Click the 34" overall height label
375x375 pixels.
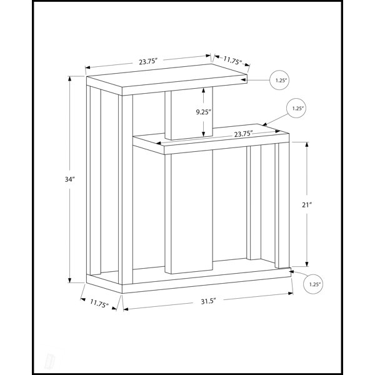click(x=70, y=179)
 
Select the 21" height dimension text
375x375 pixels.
click(x=307, y=205)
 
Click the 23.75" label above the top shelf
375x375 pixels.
click(x=148, y=62)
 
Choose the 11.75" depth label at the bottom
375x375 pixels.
click(x=99, y=304)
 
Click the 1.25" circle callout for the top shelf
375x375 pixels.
click(x=280, y=81)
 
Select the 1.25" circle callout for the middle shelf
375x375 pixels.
click(x=296, y=108)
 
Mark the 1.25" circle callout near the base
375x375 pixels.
click(x=313, y=284)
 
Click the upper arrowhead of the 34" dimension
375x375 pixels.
click(x=70, y=79)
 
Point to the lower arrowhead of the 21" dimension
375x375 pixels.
click(x=307, y=264)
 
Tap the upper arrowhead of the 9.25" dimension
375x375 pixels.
click(x=204, y=90)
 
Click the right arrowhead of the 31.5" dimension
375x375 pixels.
click(x=291, y=293)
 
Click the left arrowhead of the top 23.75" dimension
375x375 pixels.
click(x=88, y=67)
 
